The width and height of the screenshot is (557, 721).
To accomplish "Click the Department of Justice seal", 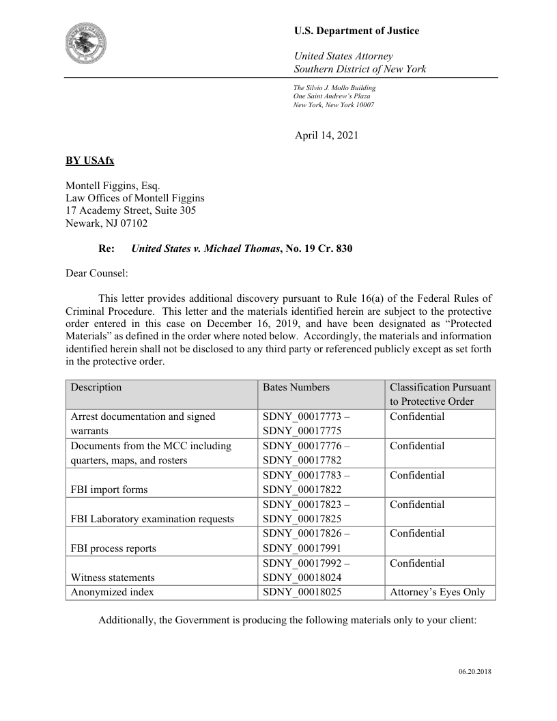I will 91,42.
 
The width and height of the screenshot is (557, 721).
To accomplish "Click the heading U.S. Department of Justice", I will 356,31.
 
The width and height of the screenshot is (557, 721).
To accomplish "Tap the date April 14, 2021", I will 326,135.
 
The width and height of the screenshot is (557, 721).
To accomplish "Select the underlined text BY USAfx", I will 89,161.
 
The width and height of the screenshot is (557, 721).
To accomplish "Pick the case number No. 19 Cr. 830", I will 318,249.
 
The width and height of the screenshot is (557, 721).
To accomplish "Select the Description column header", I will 96,387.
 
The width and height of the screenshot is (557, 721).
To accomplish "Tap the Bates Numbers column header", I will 296,387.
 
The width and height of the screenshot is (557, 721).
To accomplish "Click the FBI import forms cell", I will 109,490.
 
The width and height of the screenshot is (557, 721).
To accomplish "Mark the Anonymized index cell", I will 113,592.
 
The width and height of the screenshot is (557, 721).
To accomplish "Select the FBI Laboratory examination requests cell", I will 152,519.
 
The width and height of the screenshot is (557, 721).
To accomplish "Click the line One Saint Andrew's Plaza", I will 332,96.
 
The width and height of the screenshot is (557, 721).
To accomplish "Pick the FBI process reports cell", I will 113,548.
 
